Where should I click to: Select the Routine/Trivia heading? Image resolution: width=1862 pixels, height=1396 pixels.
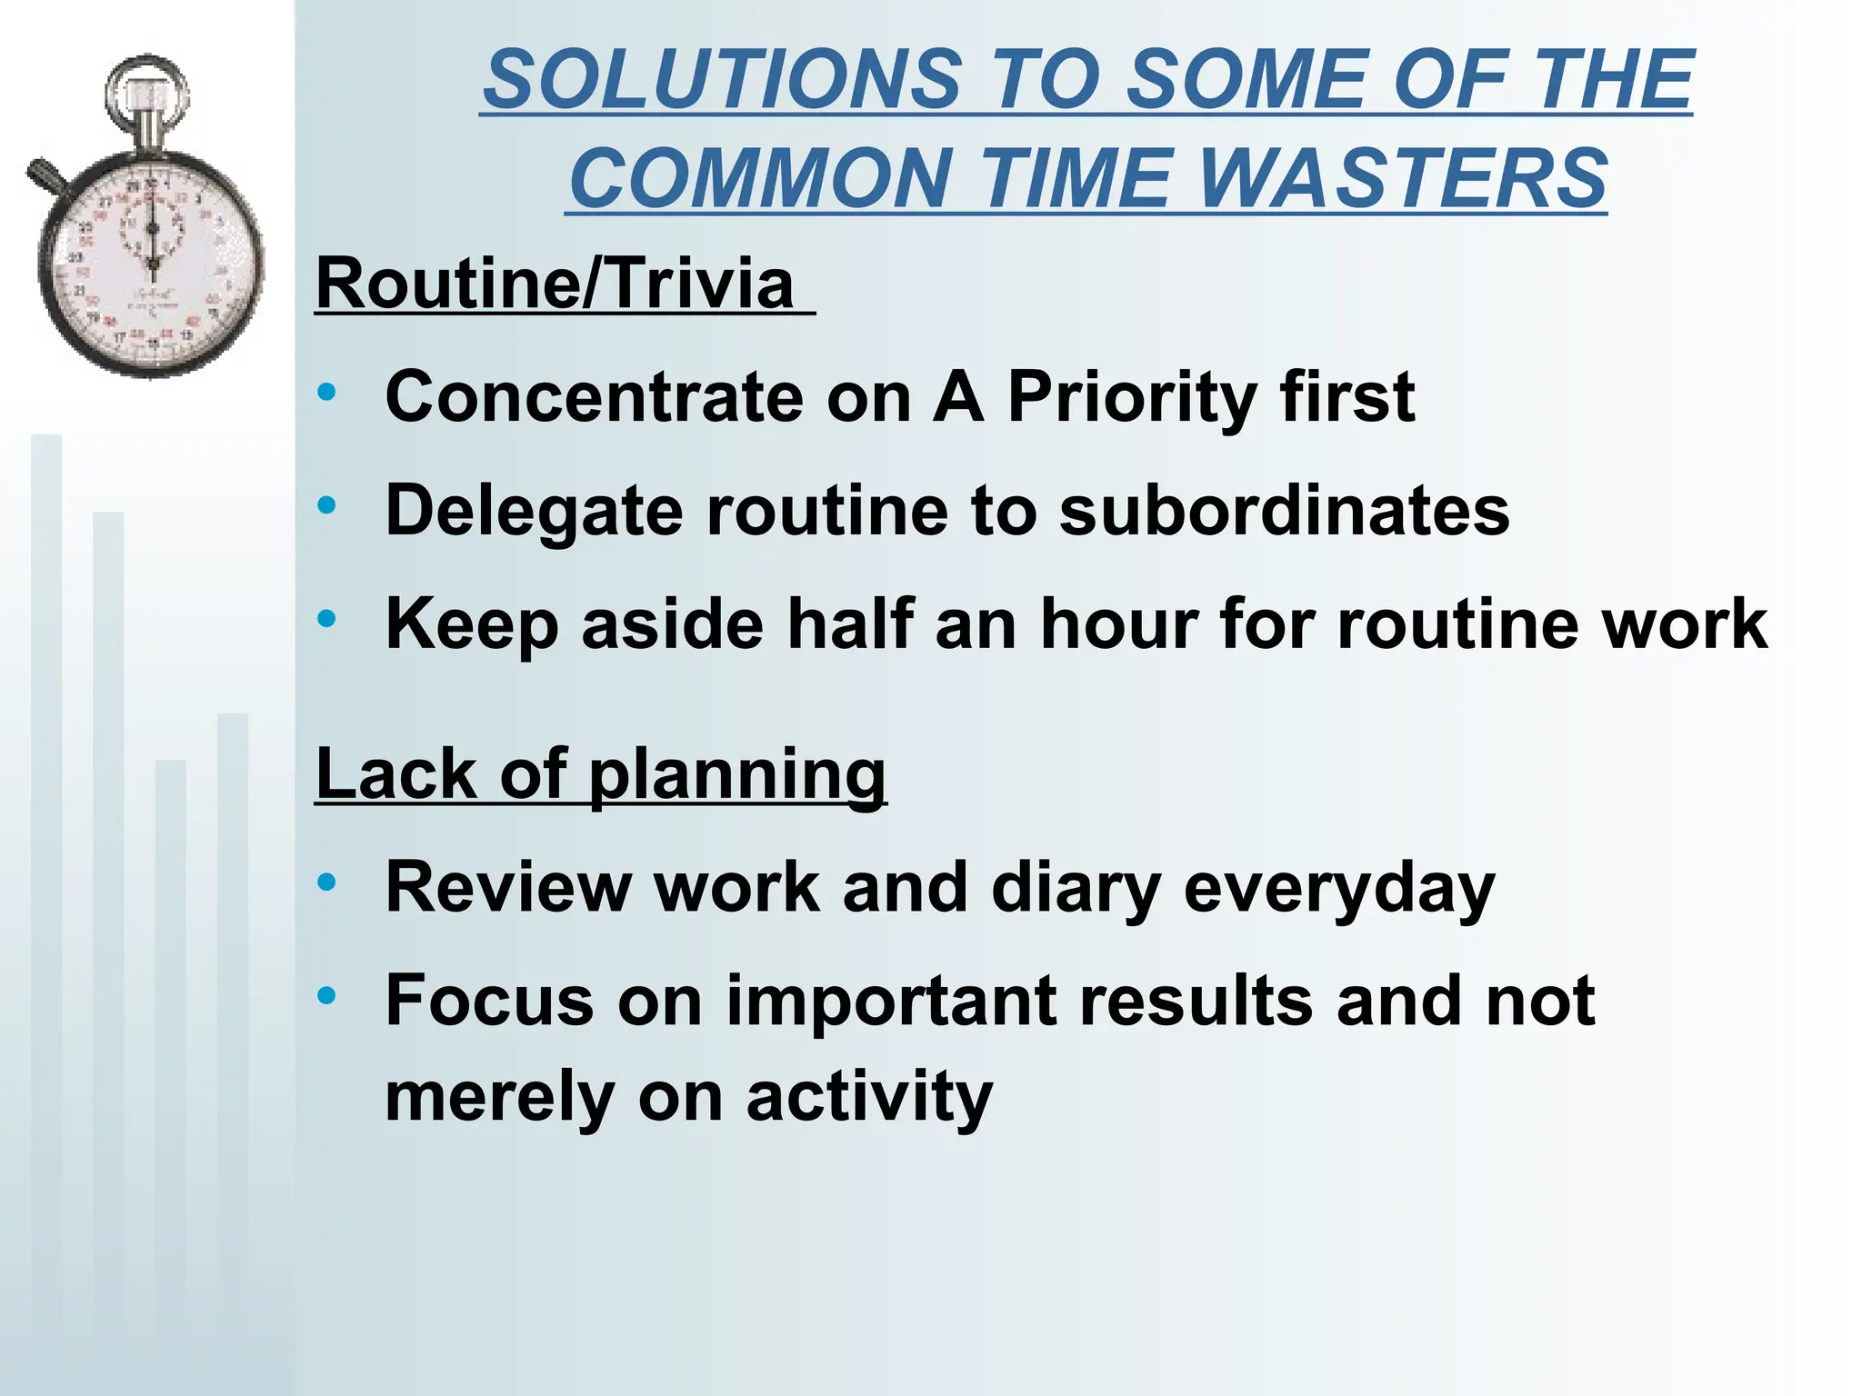pyautogui.click(x=555, y=284)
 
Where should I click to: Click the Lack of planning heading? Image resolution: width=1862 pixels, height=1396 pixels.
pyautogui.click(x=600, y=774)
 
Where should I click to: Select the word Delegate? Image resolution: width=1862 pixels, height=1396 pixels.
pyautogui.click(x=534, y=512)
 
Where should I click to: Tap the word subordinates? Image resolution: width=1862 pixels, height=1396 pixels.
pyautogui.click(x=1284, y=510)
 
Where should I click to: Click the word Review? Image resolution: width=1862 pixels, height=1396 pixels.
pyautogui.click(x=507, y=887)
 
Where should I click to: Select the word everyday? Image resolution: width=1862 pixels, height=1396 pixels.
pyautogui.click(x=1338, y=889)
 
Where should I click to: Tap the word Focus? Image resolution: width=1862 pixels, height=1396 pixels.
pyautogui.click(x=489, y=1001)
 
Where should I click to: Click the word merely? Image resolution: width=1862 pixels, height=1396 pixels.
pyautogui.click(x=499, y=1097)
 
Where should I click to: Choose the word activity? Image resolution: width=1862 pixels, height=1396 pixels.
pyautogui.click(x=869, y=1097)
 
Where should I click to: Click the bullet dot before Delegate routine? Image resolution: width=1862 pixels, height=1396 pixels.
pyautogui.click(x=326, y=505)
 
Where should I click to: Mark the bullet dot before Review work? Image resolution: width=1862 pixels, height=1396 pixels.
pyautogui.click(x=326, y=882)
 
